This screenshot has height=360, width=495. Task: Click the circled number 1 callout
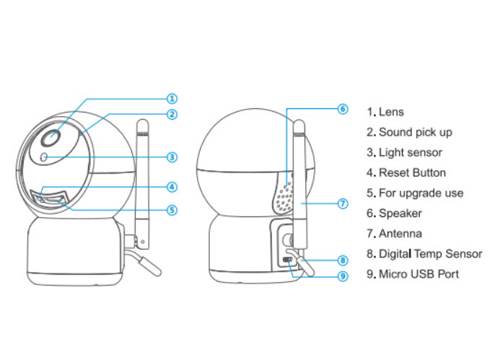(x=172, y=99)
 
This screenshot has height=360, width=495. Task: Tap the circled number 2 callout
(x=172, y=114)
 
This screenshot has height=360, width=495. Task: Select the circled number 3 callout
(x=172, y=157)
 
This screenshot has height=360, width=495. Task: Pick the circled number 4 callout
(x=172, y=187)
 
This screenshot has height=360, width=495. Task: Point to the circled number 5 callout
(x=172, y=210)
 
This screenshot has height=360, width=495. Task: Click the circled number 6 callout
(x=343, y=109)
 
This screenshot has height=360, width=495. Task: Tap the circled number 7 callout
(x=343, y=203)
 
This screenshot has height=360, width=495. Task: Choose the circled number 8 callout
(x=343, y=260)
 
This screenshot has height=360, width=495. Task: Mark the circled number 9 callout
(x=343, y=276)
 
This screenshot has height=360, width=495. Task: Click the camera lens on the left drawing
(x=51, y=138)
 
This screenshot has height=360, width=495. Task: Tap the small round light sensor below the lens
(x=44, y=157)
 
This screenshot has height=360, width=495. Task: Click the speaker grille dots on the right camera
(x=284, y=197)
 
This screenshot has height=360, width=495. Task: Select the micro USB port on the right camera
(x=288, y=260)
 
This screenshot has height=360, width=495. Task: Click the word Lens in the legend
(x=391, y=112)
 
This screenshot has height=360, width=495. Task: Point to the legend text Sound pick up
(x=416, y=133)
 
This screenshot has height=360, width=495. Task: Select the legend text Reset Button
(x=412, y=173)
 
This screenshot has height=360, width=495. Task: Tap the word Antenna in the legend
(x=400, y=234)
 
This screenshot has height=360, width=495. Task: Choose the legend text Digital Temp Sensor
(x=431, y=254)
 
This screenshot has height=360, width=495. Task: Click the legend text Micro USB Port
(x=419, y=274)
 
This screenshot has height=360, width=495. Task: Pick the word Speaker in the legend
(x=400, y=214)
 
